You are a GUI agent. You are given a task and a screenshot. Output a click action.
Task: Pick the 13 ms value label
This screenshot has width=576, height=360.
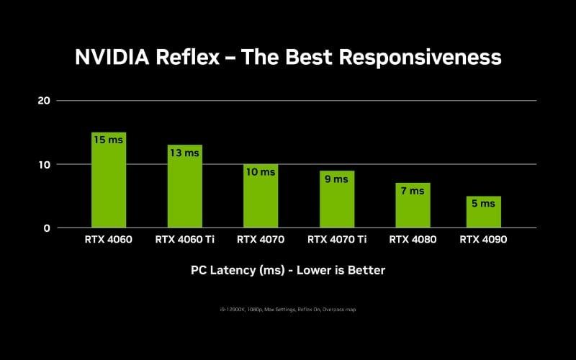coord(185,153)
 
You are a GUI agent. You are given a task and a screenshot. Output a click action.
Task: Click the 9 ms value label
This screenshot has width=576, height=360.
coord(337,179)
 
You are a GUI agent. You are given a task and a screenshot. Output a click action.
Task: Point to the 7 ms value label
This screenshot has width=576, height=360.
coord(413,191)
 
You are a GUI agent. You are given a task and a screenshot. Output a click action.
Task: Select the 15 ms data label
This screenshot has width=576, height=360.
coord(109,140)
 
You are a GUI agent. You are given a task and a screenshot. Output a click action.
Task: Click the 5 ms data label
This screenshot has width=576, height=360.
coord(483,204)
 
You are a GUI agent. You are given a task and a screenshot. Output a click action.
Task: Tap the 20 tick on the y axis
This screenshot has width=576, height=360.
coord(44,100)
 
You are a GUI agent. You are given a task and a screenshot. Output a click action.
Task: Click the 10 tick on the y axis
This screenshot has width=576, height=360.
coord(44,164)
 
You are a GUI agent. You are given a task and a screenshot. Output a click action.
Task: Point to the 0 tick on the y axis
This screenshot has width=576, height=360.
coord(47,228)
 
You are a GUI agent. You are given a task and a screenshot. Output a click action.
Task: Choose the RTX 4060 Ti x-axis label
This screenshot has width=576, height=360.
coord(185,240)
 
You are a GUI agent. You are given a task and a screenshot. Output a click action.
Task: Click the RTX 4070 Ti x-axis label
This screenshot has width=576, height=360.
coord(337,240)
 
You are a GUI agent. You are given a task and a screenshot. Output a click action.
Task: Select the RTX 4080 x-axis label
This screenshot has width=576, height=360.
coord(413,240)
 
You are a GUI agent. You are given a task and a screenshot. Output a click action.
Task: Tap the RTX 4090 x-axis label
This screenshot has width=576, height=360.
coord(483,240)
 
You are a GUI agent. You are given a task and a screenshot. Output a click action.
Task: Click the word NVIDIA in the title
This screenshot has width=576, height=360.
coord(112,57)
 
